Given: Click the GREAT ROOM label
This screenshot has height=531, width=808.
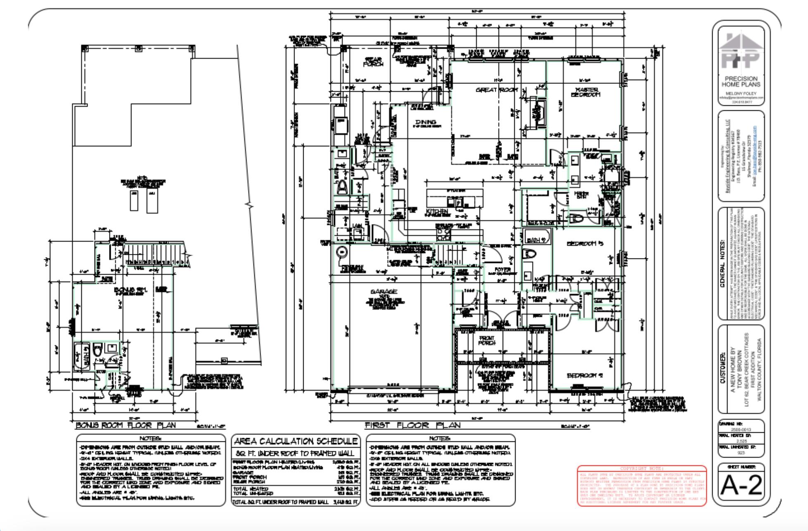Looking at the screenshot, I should [x=497, y=90].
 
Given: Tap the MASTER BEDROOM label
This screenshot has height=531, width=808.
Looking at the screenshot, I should [x=586, y=92].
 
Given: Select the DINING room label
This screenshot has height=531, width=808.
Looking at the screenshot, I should [x=425, y=122].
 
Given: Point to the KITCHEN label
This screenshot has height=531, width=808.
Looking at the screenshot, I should [x=437, y=212].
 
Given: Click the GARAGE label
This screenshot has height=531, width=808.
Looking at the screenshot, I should [x=384, y=292].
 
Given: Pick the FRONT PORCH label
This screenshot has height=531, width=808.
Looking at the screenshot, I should [x=487, y=340].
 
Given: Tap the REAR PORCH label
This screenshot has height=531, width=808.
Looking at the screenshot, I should [x=373, y=62].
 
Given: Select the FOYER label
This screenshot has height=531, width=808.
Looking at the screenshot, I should [x=502, y=270].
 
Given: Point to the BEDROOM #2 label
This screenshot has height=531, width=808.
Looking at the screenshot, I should [x=585, y=375].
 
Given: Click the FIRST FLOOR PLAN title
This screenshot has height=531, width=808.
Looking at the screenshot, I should [x=412, y=425].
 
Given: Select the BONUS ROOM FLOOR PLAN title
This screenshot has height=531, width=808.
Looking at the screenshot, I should [x=126, y=425].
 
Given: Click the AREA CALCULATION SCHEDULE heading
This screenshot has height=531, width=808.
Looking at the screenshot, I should [x=295, y=441].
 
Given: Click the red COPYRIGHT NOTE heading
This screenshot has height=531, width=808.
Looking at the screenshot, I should [x=642, y=469].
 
